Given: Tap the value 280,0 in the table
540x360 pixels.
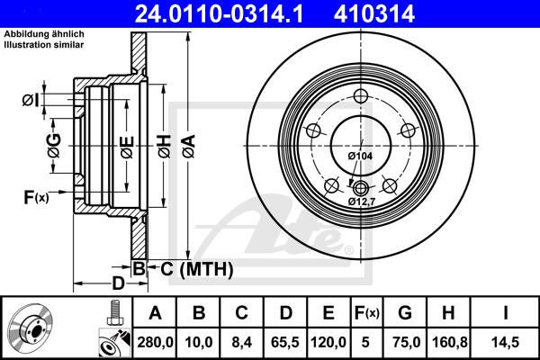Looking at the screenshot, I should click(155, 341).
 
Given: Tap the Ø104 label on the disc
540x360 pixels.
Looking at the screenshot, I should click(360, 157).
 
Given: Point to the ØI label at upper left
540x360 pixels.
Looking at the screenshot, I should click(30, 100).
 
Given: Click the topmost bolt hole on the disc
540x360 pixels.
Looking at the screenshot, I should click(361, 98).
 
